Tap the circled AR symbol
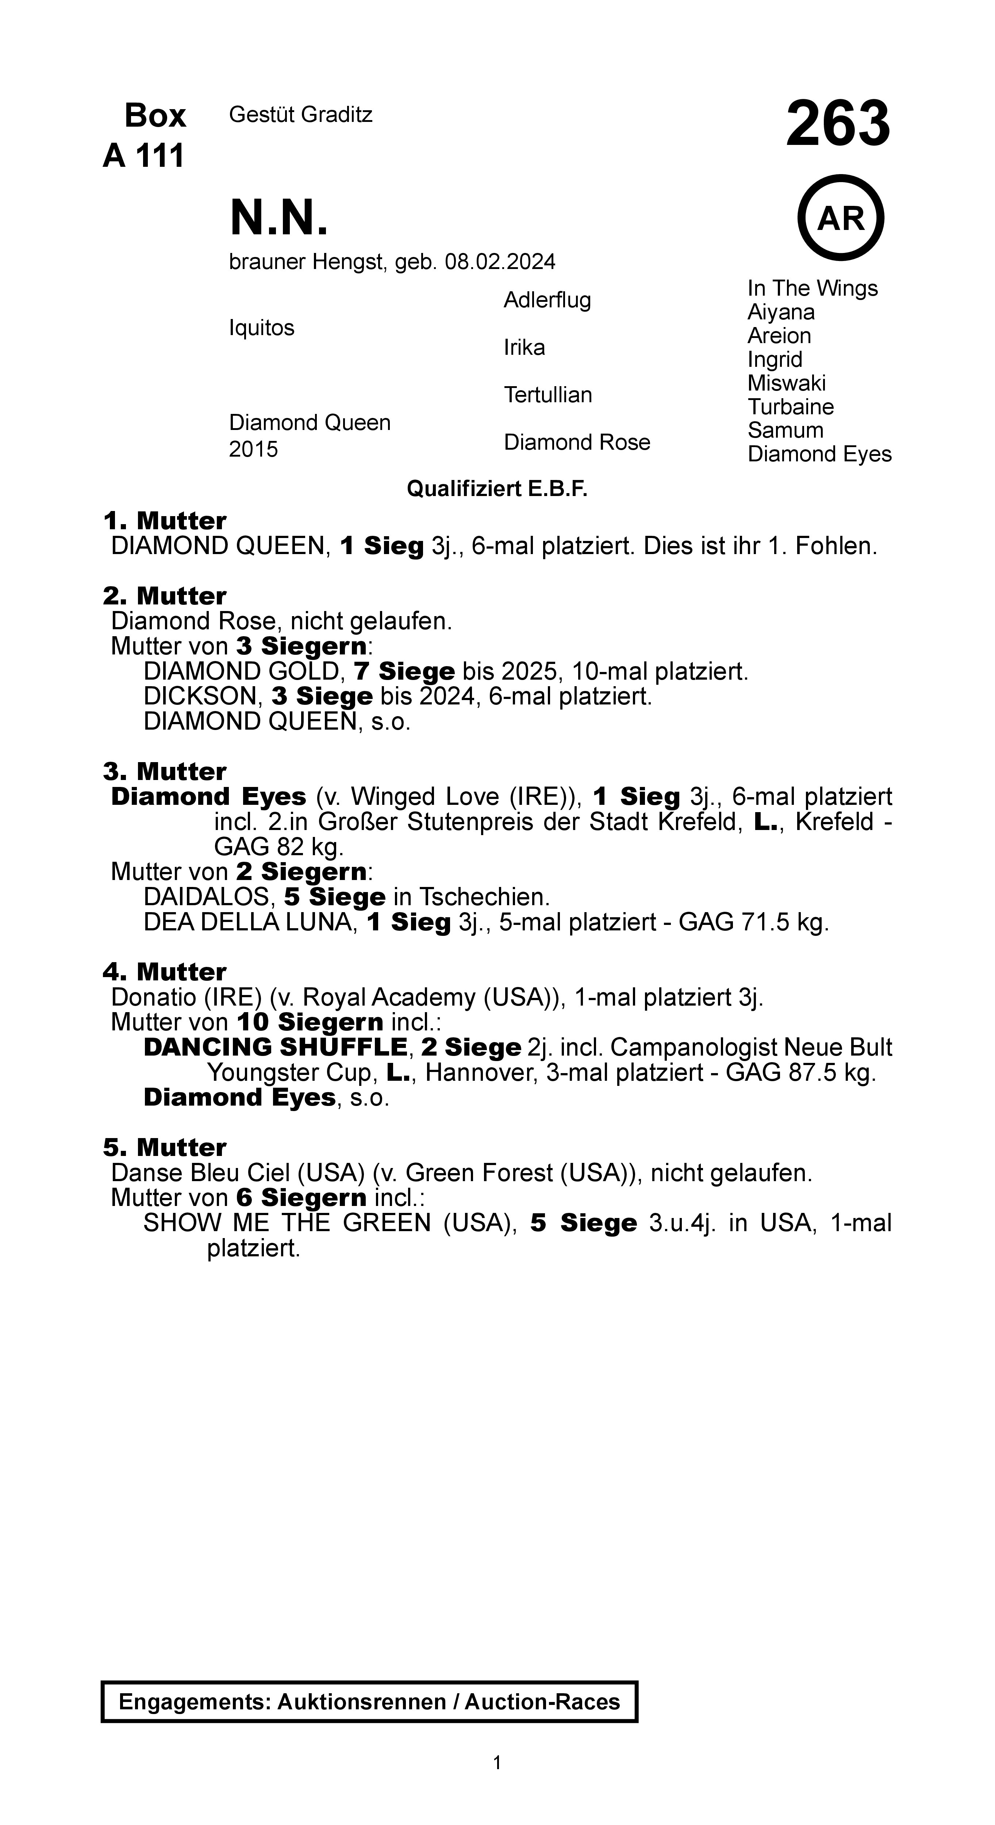pyautogui.click(x=841, y=218)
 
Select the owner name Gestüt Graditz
pyautogui.click(x=300, y=115)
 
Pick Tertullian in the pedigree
pyautogui.click(x=548, y=395)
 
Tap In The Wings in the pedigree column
pyautogui.click(x=812, y=288)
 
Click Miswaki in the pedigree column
pyautogui.click(x=787, y=383)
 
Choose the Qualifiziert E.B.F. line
pyautogui.click(x=497, y=489)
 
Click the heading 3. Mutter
pyautogui.click(x=164, y=771)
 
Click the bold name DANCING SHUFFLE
pyautogui.click(x=275, y=1047)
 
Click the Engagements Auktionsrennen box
pyautogui.click(x=369, y=1702)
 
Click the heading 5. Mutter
pyautogui.click(x=164, y=1147)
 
